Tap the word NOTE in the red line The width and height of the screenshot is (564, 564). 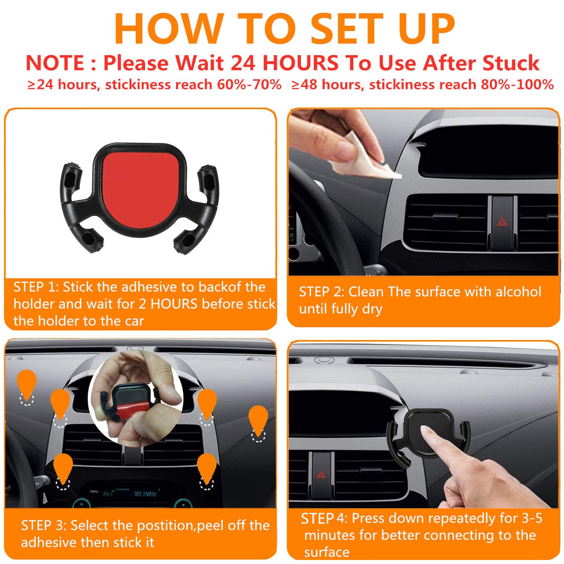coord(55,63)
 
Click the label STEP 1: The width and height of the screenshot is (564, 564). coord(36,287)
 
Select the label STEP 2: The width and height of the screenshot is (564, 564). coord(321,292)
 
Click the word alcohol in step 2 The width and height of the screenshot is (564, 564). coord(518,292)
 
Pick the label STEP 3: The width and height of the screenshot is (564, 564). coord(44,526)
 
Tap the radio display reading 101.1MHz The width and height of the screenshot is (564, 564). coord(145,493)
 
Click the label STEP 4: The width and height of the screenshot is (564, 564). coord(323,518)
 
